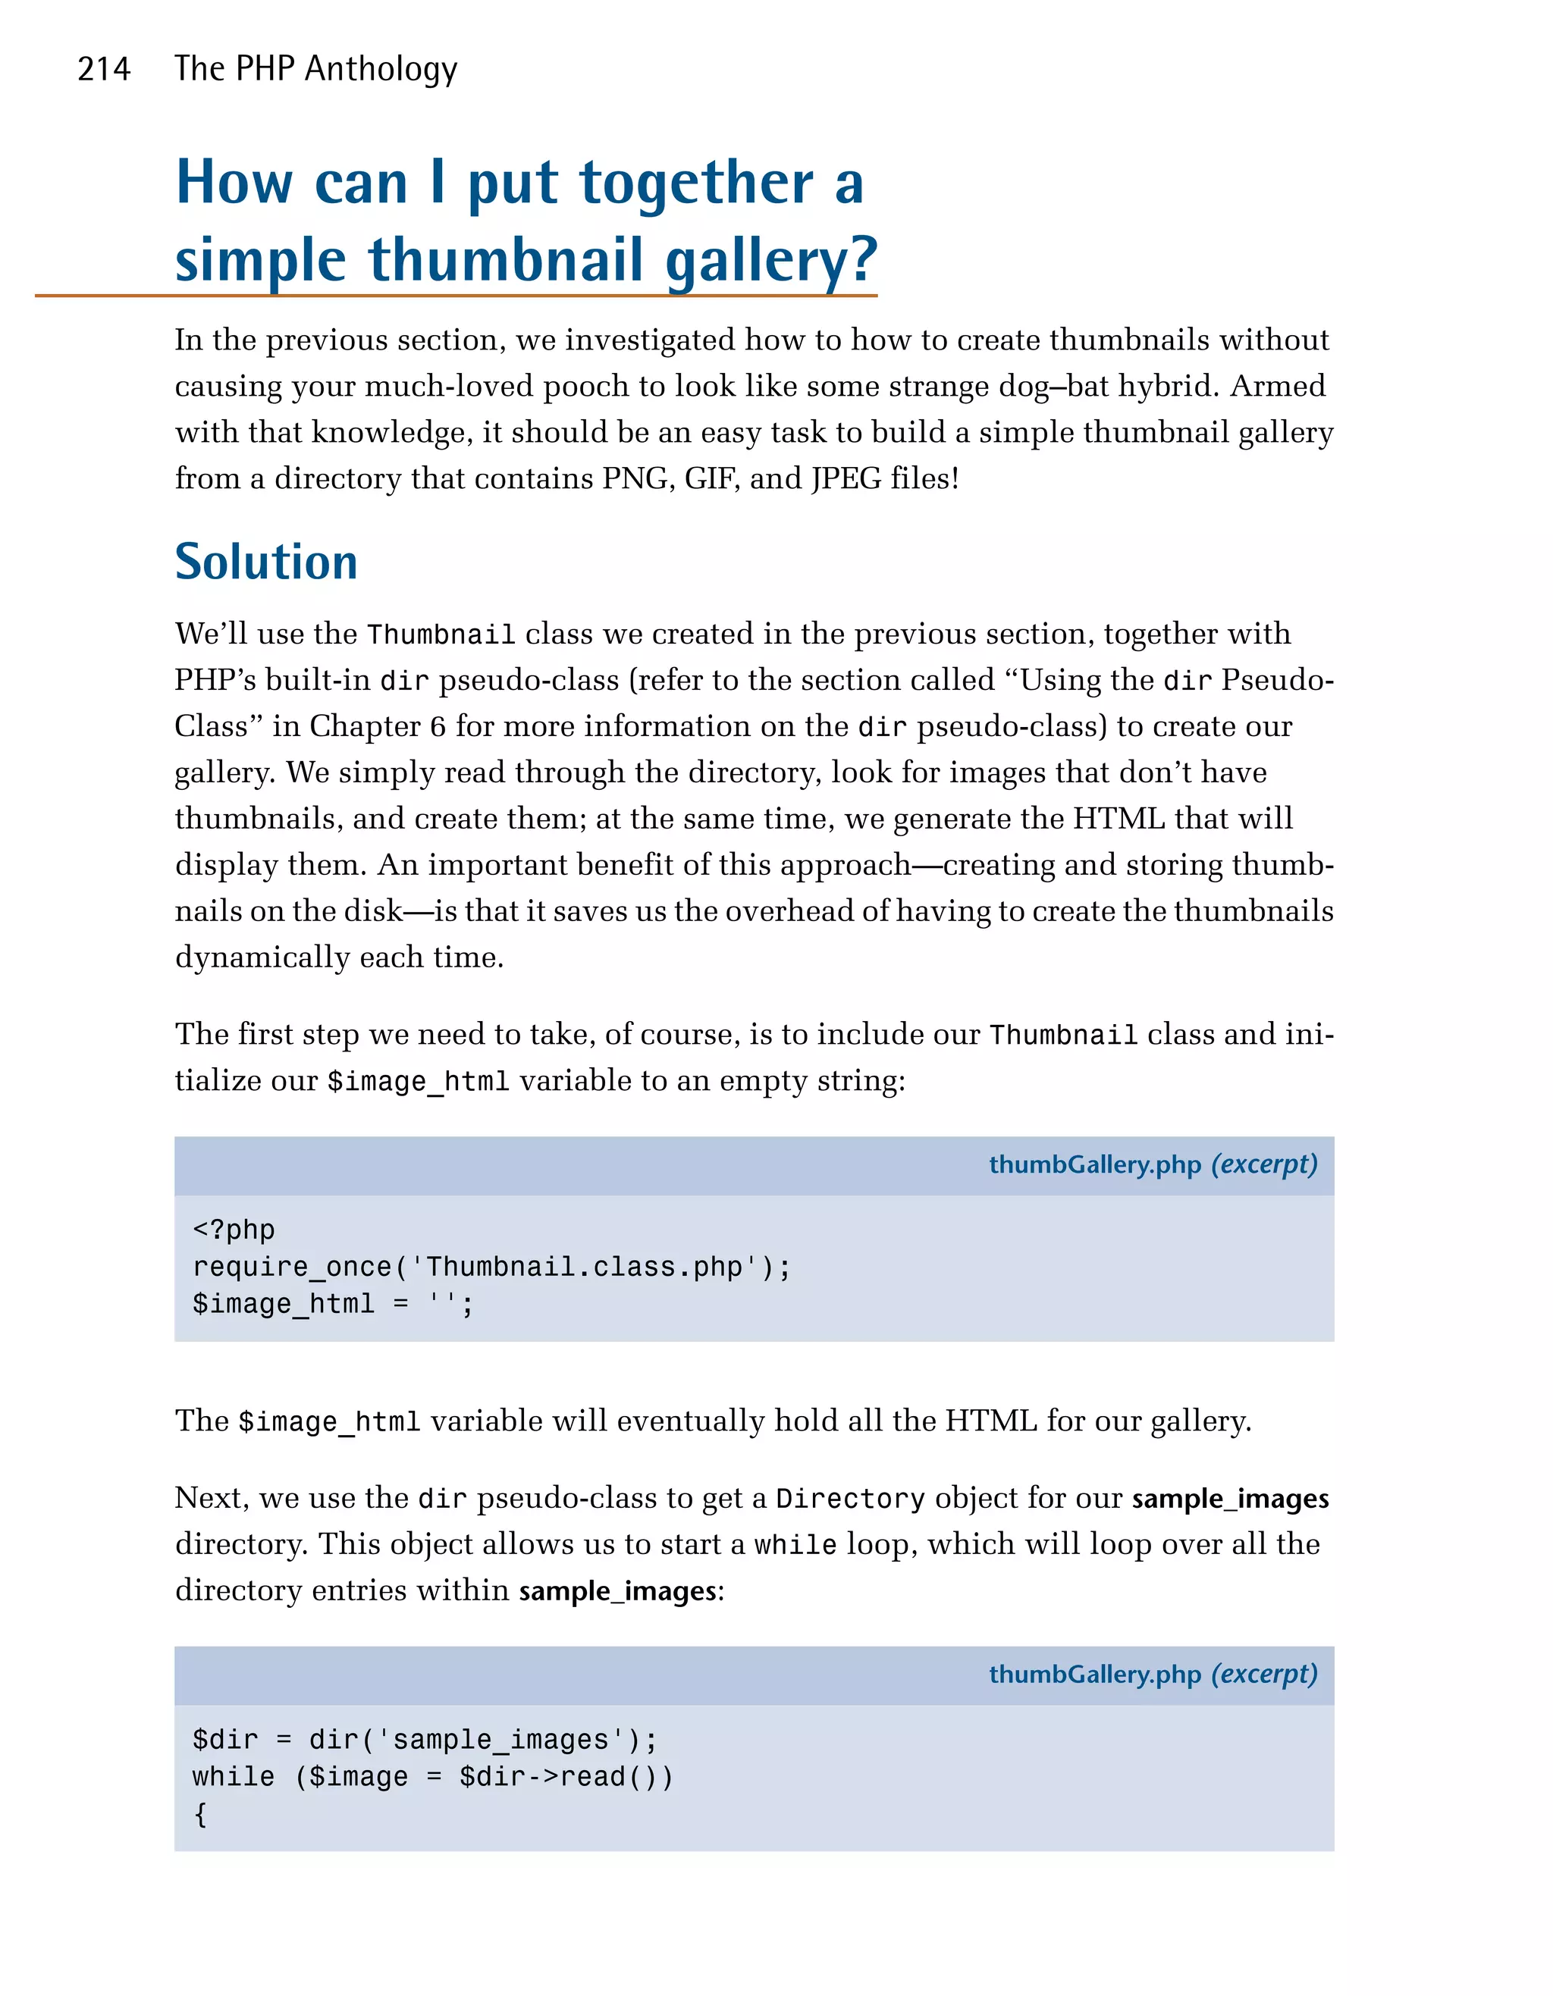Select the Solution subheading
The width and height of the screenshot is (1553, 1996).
pos(266,561)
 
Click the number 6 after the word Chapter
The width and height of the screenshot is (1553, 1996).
pos(438,726)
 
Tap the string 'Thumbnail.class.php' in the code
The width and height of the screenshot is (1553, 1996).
pos(585,1267)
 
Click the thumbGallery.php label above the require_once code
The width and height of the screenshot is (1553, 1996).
pos(1094,1164)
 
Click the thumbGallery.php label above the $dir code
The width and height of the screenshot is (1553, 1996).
pos(1094,1675)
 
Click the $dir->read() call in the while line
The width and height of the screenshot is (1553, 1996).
pos(566,1777)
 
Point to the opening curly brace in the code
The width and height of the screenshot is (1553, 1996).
pos(200,1814)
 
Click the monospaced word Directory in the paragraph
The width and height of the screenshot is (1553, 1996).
pos(850,1499)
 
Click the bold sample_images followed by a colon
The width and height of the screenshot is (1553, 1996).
pos(617,1591)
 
